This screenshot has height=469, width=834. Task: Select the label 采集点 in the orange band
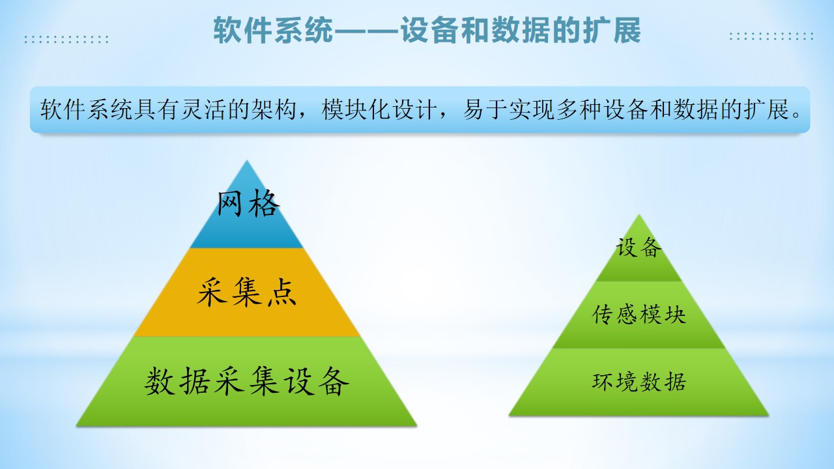click(246, 292)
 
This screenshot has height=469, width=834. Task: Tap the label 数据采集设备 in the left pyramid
click(246, 381)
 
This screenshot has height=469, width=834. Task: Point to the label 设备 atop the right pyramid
click(639, 247)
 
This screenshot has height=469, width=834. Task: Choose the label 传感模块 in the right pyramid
click(639, 315)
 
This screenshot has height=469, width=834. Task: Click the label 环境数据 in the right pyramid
click(639, 382)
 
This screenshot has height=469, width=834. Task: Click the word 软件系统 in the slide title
click(273, 30)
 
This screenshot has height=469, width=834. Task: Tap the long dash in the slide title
click(367, 31)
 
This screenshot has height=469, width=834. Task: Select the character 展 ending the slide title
click(626, 30)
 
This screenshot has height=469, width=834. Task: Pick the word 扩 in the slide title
click(596, 30)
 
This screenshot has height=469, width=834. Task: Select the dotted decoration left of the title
click(66, 40)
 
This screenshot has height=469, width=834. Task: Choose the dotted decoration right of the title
click(771, 36)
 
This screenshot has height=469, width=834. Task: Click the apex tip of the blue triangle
click(247, 161)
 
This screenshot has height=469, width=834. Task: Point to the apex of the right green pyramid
click(639, 215)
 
